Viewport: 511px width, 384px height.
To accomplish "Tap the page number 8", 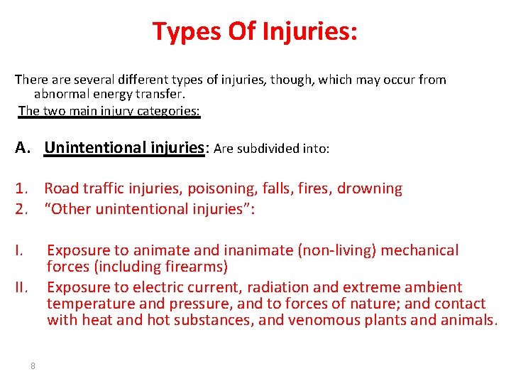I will [33, 366].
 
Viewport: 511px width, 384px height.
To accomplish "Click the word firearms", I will [194, 267].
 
